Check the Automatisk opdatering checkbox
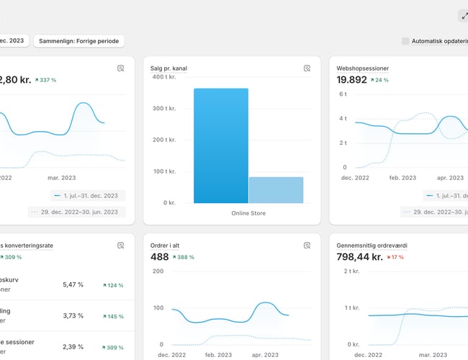(405, 41)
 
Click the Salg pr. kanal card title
(170, 68)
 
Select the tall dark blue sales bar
(221, 145)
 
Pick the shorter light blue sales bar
(276, 190)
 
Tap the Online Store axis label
(249, 213)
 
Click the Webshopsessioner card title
(363, 68)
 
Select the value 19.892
(352, 80)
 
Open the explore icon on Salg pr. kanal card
(307, 68)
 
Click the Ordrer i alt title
(170, 245)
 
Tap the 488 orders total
(160, 257)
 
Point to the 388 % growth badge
(186, 257)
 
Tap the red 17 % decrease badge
(395, 257)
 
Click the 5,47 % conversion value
(73, 284)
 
